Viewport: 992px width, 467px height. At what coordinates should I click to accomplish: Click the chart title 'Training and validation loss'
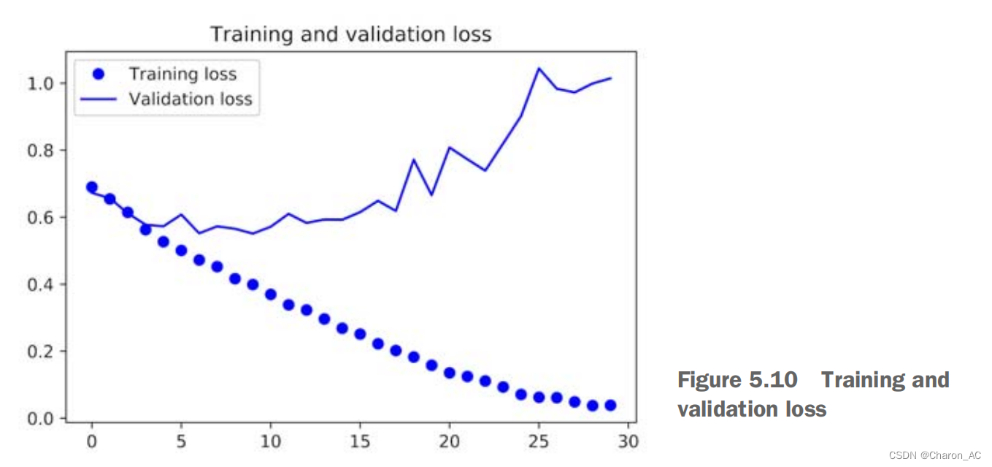click(350, 34)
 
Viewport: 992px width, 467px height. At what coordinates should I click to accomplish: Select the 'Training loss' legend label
click(182, 74)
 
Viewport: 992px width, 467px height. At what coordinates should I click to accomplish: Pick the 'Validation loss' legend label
click(191, 99)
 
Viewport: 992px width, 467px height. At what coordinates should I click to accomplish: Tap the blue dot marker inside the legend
click(100, 74)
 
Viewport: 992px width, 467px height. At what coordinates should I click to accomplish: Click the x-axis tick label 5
click(181, 441)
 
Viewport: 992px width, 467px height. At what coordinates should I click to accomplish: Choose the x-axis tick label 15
click(360, 441)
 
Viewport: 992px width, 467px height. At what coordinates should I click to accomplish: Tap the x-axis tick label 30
click(628, 441)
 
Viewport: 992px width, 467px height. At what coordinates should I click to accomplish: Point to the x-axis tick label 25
click(539, 441)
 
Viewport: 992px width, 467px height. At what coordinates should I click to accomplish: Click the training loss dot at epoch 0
click(92, 187)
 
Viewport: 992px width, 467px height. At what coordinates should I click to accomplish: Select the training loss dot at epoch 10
click(271, 295)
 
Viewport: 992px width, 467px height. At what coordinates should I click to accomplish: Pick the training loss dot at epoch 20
click(450, 373)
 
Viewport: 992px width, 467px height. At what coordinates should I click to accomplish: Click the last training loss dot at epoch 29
click(610, 405)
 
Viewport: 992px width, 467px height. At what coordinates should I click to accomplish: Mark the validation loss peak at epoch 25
click(539, 68)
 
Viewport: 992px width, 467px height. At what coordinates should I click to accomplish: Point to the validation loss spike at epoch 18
click(414, 159)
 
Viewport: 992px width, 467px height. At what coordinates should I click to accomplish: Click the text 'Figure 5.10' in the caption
click(737, 380)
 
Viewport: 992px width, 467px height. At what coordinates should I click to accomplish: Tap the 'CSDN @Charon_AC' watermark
click(935, 455)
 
